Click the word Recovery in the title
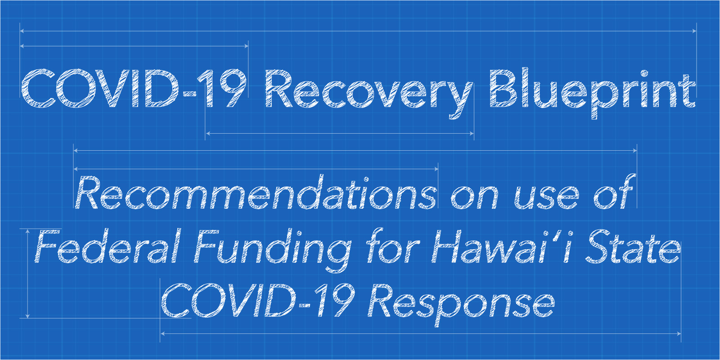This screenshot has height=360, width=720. (369, 94)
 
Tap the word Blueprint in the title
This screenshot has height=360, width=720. (592, 93)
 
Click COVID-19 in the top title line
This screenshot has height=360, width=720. (134, 88)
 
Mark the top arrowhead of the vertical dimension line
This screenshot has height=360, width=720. (27, 231)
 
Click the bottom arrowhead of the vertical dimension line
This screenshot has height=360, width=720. (27, 315)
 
